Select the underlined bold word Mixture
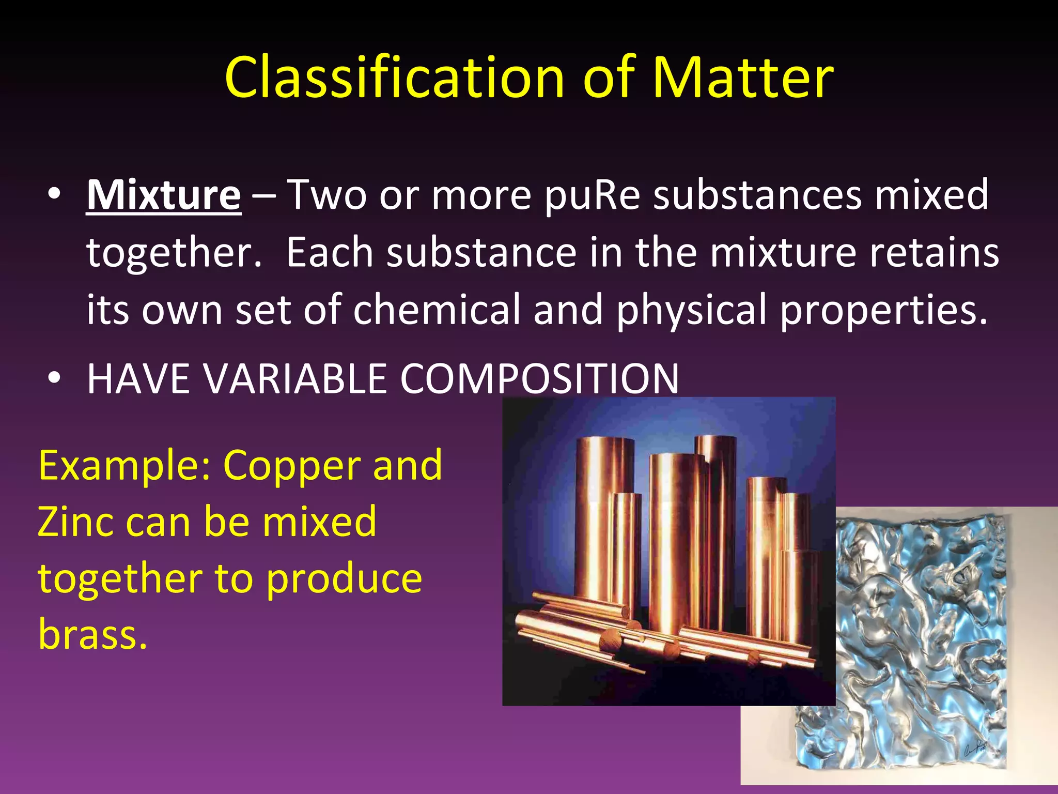163,195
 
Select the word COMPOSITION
539,378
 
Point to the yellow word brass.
92,634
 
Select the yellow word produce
344,579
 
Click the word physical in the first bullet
691,310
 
